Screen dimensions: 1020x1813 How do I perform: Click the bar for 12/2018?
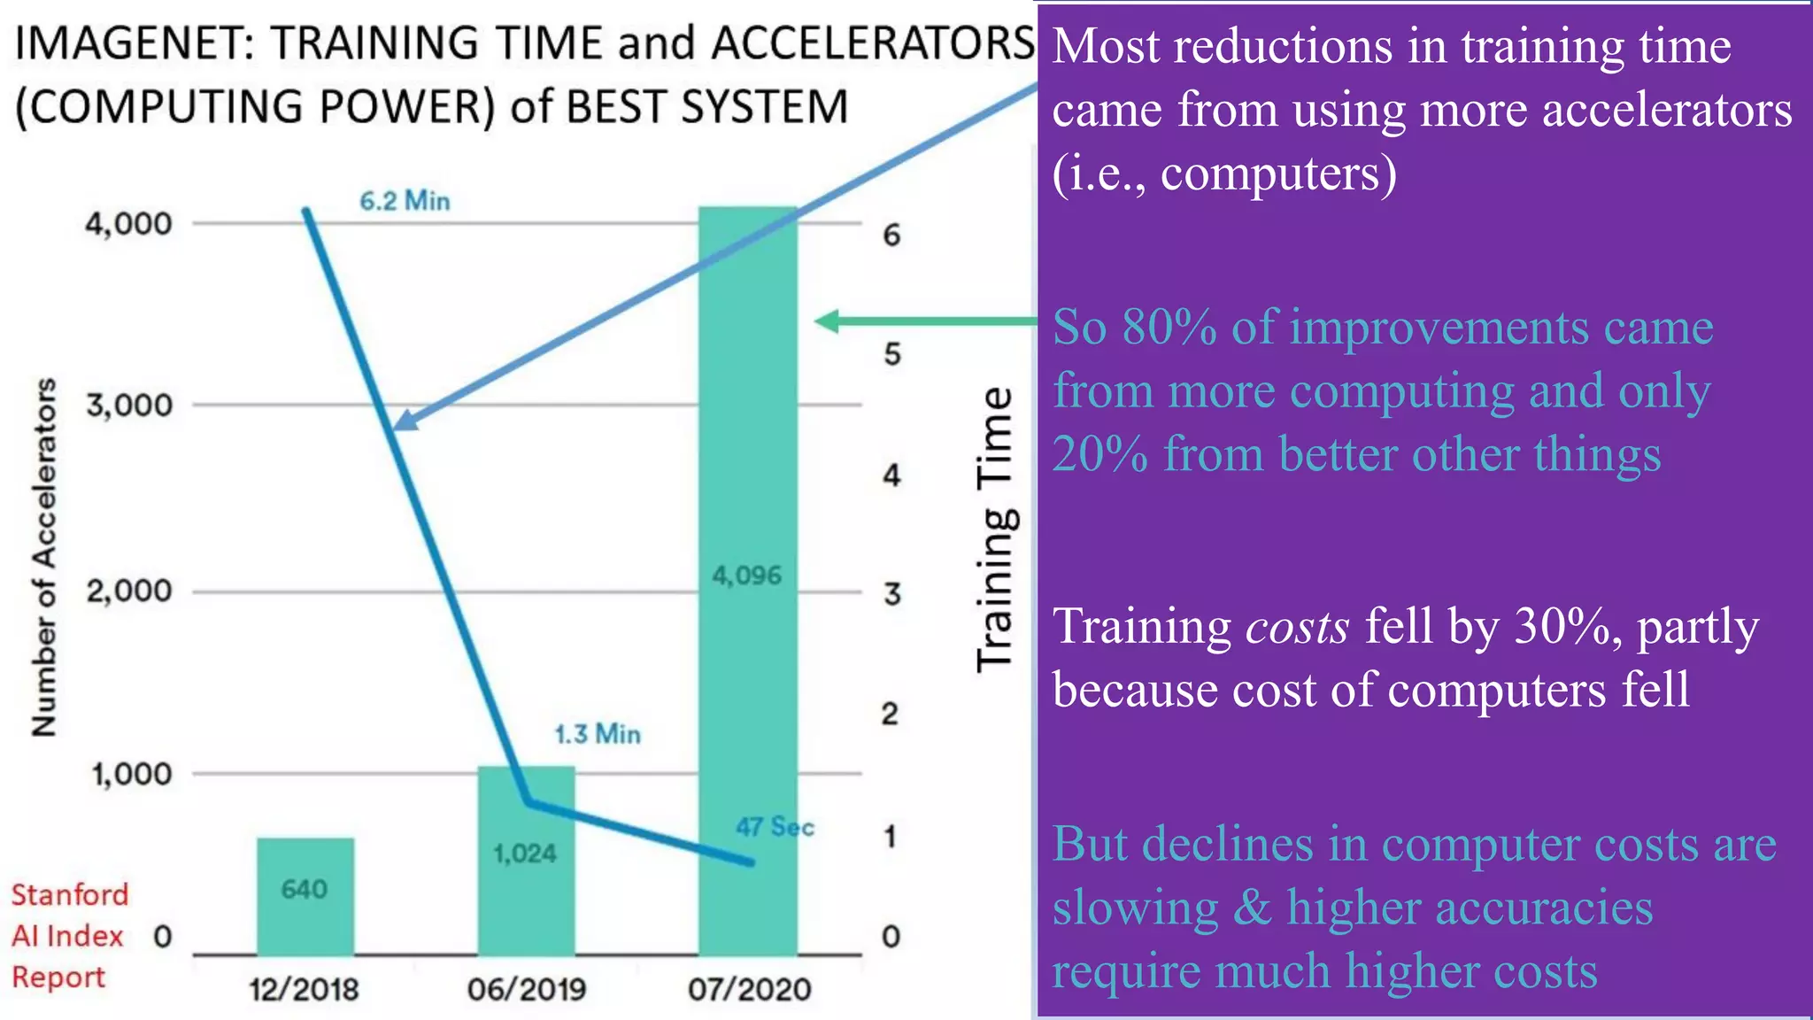pyautogui.click(x=305, y=896)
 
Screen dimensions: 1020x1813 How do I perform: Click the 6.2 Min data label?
pyautogui.click(x=405, y=201)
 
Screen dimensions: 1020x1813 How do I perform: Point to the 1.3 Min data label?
pyautogui.click(x=598, y=734)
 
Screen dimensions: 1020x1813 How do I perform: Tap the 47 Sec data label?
pyautogui.click(x=775, y=827)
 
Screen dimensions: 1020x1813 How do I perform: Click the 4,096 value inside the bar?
pyautogui.click(x=747, y=576)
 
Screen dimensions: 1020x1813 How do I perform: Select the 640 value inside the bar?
pyautogui.click(x=305, y=889)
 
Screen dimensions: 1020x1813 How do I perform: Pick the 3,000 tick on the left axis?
pyautogui.click(x=129, y=406)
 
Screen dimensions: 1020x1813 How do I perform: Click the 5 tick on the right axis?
pyautogui.click(x=892, y=355)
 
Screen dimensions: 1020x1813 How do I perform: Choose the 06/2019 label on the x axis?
pyautogui.click(x=527, y=989)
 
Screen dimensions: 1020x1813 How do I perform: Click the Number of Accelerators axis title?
pyautogui.click(x=44, y=558)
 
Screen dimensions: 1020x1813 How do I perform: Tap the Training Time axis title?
pyautogui.click(x=995, y=529)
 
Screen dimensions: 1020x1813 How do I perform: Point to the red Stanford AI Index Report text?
pyautogui.click(x=69, y=936)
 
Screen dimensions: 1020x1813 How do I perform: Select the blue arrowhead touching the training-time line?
pyautogui.click(x=404, y=421)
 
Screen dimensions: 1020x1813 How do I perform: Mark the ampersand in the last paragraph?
pyautogui.click(x=1252, y=908)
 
